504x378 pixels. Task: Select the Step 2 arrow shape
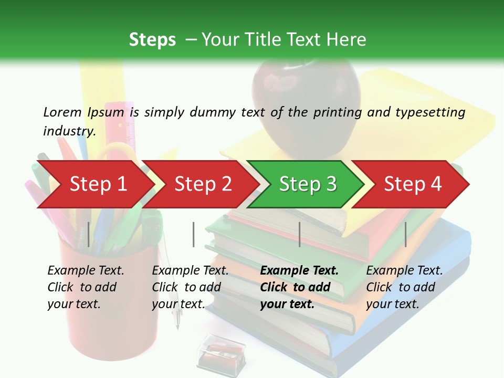pyautogui.click(x=203, y=184)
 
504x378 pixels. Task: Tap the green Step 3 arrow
pyautogui.click(x=308, y=184)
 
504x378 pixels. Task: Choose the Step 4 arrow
pyautogui.click(x=413, y=184)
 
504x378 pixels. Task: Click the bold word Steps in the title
pyautogui.click(x=152, y=39)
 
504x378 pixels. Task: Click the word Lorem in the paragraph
pyautogui.click(x=62, y=112)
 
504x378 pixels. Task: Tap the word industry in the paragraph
pyautogui.click(x=69, y=131)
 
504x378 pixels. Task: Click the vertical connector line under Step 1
pyautogui.click(x=89, y=234)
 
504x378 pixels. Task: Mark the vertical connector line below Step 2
pyautogui.click(x=194, y=234)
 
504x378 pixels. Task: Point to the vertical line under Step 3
pyautogui.click(x=299, y=234)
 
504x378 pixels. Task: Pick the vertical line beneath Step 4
pyautogui.click(x=405, y=234)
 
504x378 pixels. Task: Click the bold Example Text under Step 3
pyautogui.click(x=299, y=270)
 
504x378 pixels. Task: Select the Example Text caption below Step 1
pyautogui.click(x=86, y=270)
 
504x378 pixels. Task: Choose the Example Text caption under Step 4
pyautogui.click(x=404, y=270)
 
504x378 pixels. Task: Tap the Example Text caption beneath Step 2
pyautogui.click(x=190, y=270)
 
